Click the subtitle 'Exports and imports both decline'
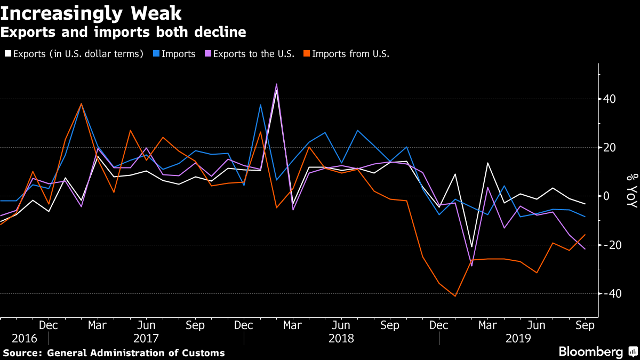pyautogui.click(x=123, y=33)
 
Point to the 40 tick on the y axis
pyautogui.click(x=610, y=99)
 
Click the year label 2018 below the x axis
pyautogui.click(x=341, y=338)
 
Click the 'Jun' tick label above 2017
pyautogui.click(x=146, y=325)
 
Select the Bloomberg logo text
pyautogui.click(x=590, y=352)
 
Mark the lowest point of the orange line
pyautogui.click(x=455, y=296)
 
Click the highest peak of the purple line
pyautogui.click(x=276, y=84)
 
